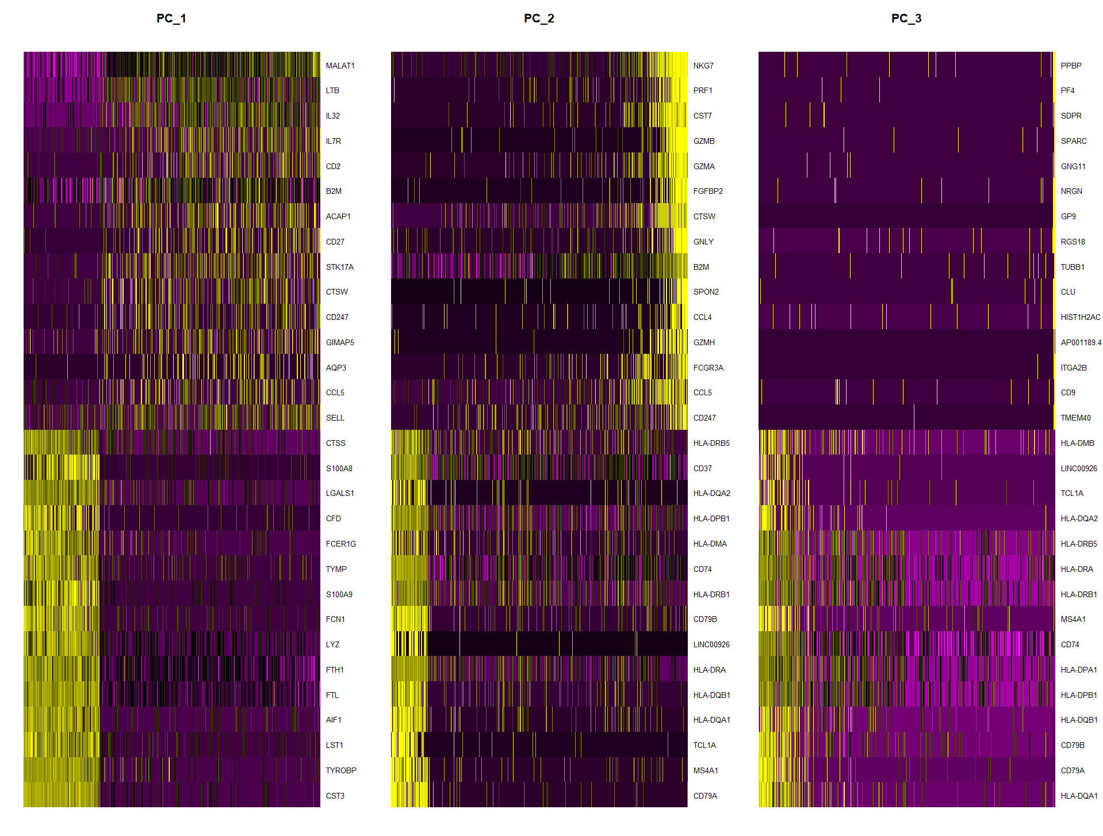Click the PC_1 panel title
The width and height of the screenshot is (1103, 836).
click(x=171, y=18)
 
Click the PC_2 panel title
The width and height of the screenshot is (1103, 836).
click(x=538, y=18)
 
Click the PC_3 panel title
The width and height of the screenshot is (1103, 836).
click(x=906, y=18)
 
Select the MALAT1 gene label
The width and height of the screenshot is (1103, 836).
click(x=340, y=66)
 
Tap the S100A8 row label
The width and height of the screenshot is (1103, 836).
click(x=339, y=468)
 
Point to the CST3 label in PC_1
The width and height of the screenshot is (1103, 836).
click(x=335, y=796)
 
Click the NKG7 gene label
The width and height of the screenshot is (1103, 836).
click(x=703, y=66)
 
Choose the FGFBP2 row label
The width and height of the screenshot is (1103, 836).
click(x=707, y=191)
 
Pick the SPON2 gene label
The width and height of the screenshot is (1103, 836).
click(x=706, y=292)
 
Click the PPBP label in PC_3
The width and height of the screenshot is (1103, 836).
click(x=1071, y=66)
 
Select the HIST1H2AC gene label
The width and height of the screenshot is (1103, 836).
click(x=1080, y=317)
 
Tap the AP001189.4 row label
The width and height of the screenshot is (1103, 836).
click(x=1081, y=342)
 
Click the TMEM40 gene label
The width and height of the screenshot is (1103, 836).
click(x=1075, y=418)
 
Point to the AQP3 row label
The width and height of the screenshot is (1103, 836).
click(x=336, y=368)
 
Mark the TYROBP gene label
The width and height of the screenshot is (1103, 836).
click(x=340, y=770)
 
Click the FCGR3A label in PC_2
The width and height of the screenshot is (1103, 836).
click(x=708, y=368)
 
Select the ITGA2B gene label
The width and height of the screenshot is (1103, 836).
click(x=1073, y=368)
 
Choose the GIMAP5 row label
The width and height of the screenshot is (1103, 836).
click(x=339, y=342)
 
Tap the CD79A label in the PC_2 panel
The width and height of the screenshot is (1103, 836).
click(x=704, y=796)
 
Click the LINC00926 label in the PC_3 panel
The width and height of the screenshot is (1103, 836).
click(x=1078, y=468)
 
